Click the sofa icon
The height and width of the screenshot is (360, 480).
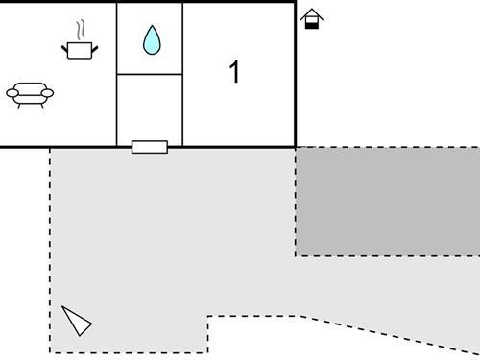coord(30,93)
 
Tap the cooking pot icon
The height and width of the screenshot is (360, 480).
coord(80,48)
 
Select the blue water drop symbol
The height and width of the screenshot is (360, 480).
coord(151,39)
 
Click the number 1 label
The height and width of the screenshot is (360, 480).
coord(234,72)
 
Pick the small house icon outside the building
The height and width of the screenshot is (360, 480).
coord(311,19)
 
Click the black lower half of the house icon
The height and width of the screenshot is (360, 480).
coord(311,24)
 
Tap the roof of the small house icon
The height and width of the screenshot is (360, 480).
coord(311,13)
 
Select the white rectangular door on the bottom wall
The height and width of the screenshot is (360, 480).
coord(149,147)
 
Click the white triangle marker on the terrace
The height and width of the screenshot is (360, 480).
coord(77,320)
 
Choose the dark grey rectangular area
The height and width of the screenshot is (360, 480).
coord(388,202)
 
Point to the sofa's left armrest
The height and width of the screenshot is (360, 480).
coord(12,92)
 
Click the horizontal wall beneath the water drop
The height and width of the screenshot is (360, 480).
coord(150,74)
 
